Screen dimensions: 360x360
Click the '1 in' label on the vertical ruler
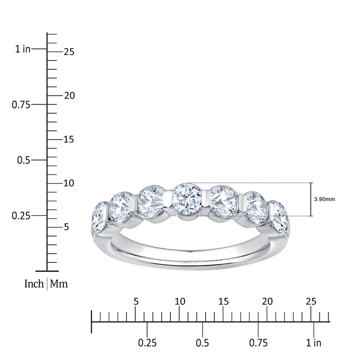(22, 49)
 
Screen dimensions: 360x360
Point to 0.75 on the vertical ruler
(21, 104)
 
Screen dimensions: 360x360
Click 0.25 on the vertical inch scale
(21, 216)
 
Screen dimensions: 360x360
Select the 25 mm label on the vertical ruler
(69, 52)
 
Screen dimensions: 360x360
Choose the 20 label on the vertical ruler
(69, 95)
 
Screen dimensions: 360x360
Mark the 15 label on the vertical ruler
(69, 139)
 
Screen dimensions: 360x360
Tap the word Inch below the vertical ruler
(34, 284)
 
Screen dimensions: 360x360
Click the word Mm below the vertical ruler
(59, 284)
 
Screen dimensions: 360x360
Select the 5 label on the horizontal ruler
(136, 301)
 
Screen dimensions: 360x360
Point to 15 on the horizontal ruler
(224, 301)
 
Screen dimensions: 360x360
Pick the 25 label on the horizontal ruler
(311, 301)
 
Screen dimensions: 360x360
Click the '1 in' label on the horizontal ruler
(314, 343)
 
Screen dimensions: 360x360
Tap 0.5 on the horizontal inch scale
(202, 343)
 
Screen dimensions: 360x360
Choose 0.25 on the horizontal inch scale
(147, 343)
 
